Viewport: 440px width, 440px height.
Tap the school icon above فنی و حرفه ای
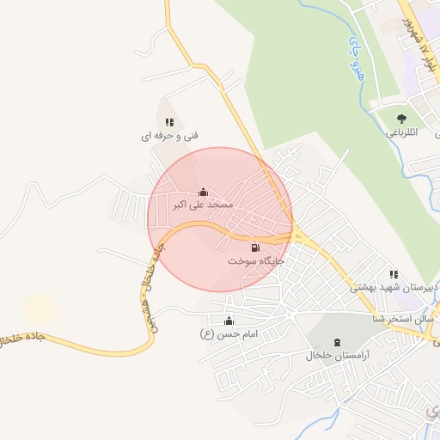[169, 123]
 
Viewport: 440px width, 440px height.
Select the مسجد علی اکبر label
[203, 205]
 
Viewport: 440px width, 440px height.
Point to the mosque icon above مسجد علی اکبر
[203, 192]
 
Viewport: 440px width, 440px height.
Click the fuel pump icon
[254, 247]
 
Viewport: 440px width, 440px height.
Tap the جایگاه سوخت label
[255, 260]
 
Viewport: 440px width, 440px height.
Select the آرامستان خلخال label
[336, 355]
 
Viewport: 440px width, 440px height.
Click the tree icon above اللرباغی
[401, 119]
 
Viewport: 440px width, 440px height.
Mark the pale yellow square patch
[39, 309]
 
